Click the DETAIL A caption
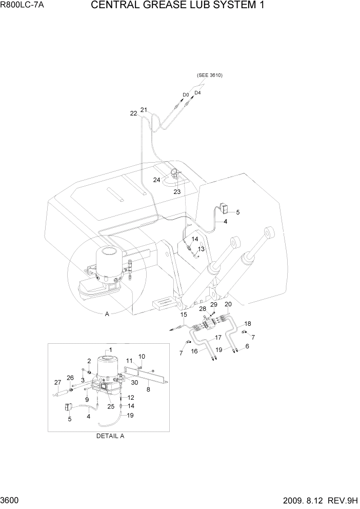point(110,436)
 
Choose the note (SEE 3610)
point(209,75)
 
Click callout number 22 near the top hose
point(133,114)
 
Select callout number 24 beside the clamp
point(157,180)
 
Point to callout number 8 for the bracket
point(148,389)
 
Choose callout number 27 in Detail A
point(57,382)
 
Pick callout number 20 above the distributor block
point(228,305)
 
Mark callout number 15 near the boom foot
point(184,315)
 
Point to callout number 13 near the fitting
point(202,249)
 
